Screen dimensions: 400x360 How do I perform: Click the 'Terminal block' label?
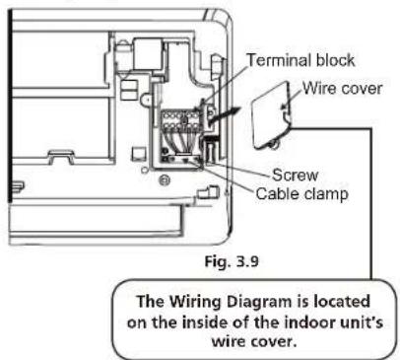tap(300, 60)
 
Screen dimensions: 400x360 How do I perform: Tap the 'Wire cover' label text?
tap(342, 88)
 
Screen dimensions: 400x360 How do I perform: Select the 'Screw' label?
tap(296, 175)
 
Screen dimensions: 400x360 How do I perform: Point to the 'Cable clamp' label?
tap(301, 193)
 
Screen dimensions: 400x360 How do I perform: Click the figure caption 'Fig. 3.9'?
tap(232, 261)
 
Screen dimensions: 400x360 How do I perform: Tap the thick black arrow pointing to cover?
tap(224, 116)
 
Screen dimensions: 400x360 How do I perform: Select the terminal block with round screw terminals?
tap(180, 121)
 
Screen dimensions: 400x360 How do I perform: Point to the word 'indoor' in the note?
tap(309, 323)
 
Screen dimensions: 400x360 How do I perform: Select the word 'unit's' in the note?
tap(362, 323)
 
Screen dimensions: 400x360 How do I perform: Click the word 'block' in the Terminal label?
tap(335, 60)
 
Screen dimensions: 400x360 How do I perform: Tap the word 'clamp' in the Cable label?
tap(325, 194)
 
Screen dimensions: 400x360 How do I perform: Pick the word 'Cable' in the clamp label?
tap(278, 193)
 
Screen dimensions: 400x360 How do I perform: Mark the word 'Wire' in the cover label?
tap(320, 88)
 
